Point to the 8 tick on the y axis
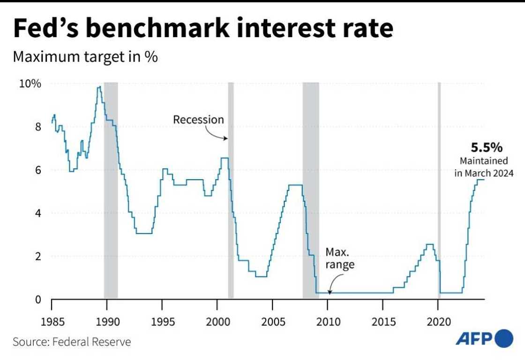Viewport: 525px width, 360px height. pos(38,127)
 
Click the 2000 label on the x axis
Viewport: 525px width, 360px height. pos(217,322)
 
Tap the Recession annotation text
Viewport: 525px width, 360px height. pos(199,120)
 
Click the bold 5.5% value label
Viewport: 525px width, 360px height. pos(487,148)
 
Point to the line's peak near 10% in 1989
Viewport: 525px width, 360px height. pos(99,87)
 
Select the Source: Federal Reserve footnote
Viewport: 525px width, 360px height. pos(72,342)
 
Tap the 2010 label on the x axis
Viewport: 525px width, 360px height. pos(327,322)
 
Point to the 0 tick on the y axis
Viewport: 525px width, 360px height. pos(38,300)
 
